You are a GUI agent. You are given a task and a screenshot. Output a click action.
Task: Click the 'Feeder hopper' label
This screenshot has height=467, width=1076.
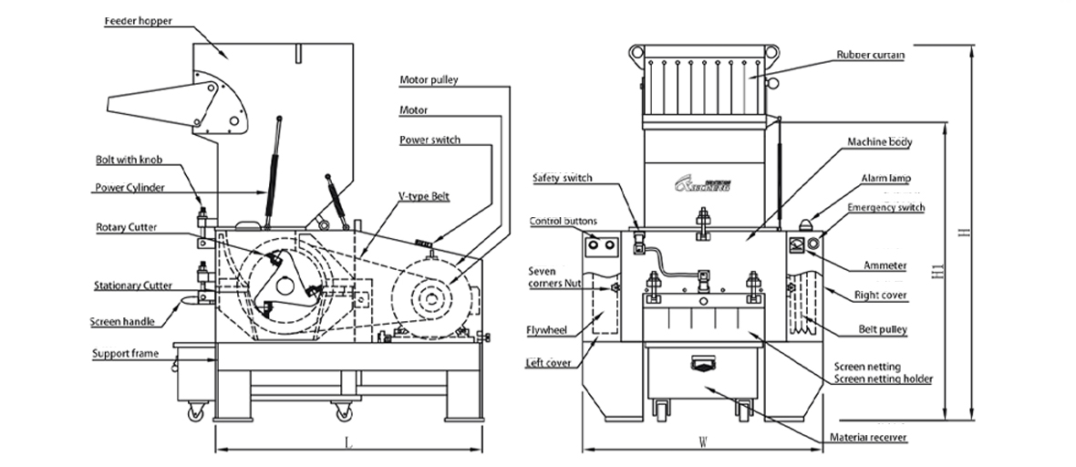(137, 19)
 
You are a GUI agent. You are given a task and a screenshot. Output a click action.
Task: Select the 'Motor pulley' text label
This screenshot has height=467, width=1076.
(429, 80)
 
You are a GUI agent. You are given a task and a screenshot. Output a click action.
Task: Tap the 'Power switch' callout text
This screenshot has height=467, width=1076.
(429, 140)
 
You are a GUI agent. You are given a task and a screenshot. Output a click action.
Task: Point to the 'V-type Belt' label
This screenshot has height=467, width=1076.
(424, 196)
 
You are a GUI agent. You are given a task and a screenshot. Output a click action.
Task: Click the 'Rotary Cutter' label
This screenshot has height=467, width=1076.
(129, 227)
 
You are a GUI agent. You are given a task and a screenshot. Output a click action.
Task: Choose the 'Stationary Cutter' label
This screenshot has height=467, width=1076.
(133, 285)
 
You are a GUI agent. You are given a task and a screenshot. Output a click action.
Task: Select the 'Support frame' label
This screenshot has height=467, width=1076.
(125, 353)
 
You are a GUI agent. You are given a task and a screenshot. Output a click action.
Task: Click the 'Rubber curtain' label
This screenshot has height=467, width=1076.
(871, 55)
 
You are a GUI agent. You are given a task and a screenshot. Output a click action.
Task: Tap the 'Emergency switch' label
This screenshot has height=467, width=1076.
(885, 208)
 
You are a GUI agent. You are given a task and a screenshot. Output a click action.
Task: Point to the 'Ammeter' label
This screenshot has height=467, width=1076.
(885, 265)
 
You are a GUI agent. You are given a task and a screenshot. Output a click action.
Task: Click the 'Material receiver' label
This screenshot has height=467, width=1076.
(867, 438)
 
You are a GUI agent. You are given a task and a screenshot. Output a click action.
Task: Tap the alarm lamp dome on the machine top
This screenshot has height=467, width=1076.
(808, 222)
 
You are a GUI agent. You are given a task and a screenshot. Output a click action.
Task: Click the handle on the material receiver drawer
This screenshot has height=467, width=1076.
(703, 365)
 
